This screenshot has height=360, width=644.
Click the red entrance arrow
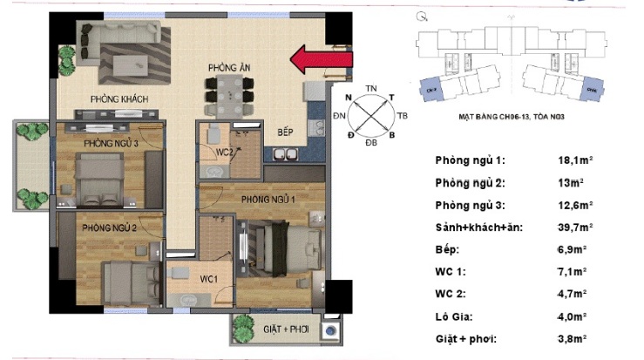(x=321, y=59)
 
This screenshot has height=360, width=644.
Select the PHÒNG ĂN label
(x=229, y=67)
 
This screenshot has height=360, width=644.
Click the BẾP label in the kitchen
(x=285, y=132)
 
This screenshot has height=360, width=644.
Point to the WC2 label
(x=224, y=151)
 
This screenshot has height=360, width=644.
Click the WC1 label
(x=208, y=279)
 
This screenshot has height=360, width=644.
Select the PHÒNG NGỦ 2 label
(x=110, y=228)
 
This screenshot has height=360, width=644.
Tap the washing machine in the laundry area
(x=330, y=332)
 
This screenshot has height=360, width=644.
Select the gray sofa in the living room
(x=121, y=37)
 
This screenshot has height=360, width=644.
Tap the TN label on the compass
(x=371, y=89)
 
